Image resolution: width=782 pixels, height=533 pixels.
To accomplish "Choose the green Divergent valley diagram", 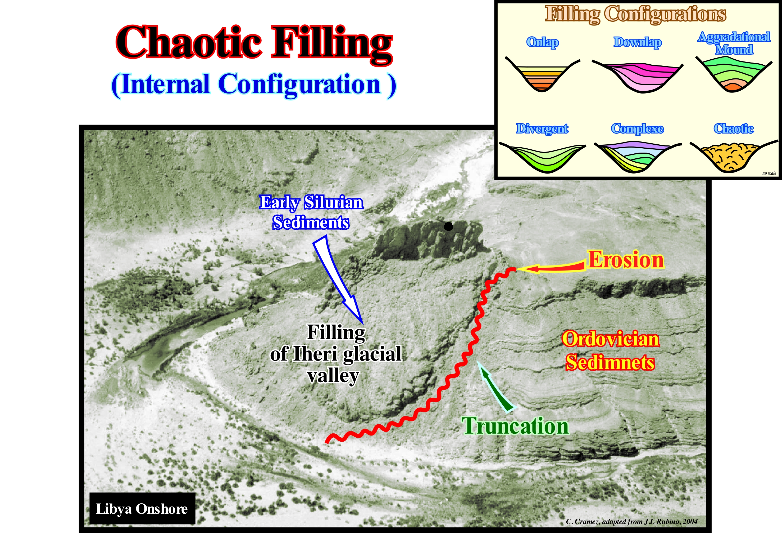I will [x=542, y=158].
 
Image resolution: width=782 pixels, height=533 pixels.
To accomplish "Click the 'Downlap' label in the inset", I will [x=637, y=42].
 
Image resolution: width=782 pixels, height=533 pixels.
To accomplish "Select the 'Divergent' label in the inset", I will [x=542, y=128].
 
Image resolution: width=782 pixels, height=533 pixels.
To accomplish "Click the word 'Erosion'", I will [x=626, y=260].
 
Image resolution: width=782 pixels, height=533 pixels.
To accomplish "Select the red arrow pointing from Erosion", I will [x=552, y=268].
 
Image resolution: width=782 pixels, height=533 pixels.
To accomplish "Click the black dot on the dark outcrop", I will [x=448, y=226].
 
